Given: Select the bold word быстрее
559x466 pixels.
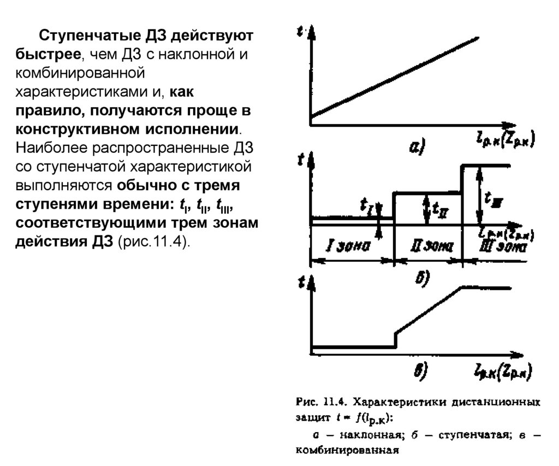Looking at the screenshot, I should (x=46, y=55).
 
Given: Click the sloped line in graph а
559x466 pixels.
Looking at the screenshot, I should (x=393, y=76).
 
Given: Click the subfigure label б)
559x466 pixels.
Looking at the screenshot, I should (x=421, y=278).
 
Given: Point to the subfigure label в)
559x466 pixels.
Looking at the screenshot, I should (x=420, y=371).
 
